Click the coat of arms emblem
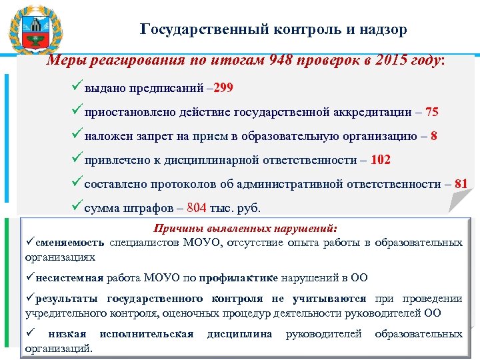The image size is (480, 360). point(35,29)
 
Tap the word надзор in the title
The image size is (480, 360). point(382,29)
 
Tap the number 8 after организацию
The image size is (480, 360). point(434,136)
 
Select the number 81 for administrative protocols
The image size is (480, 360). point(461,184)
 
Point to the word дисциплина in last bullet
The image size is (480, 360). point(240,333)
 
